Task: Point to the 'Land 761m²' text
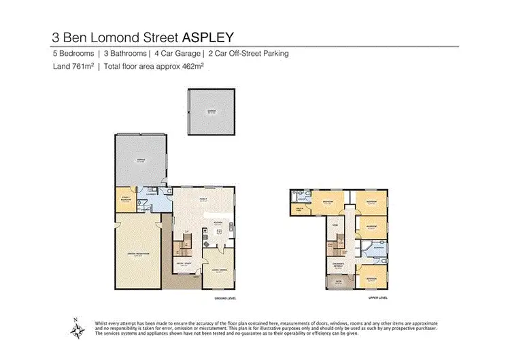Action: click(x=72, y=67)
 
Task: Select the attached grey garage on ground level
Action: click(x=141, y=161)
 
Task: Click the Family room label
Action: click(x=202, y=200)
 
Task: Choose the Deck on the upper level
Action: click(x=338, y=284)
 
